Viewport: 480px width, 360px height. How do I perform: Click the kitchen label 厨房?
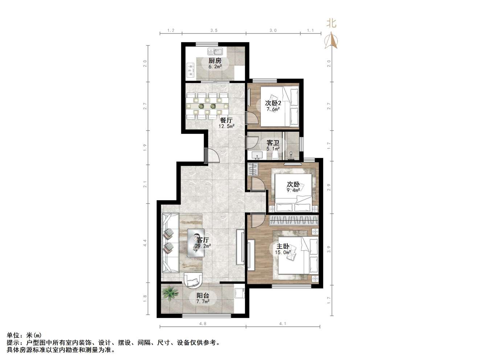click(215, 61)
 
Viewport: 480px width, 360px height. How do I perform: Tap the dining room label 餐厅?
click(226, 120)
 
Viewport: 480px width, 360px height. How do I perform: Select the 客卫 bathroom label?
click(273, 143)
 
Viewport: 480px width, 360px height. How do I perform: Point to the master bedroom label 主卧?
click(283, 246)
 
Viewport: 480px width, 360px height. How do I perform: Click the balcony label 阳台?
click(203, 296)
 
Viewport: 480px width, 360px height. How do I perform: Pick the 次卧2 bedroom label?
click(273, 103)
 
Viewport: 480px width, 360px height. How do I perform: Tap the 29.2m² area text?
click(203, 246)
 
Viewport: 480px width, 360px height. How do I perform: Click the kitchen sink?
click(215, 52)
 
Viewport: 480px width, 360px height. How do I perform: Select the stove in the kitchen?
click(38, 70)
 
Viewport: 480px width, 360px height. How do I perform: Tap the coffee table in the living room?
click(196, 243)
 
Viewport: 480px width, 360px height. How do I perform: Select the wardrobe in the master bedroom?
click(294, 220)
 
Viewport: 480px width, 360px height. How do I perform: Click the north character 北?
click(331, 23)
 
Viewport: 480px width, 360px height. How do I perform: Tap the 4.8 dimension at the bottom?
click(203, 323)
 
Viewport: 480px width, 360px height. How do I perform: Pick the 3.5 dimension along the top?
click(214, 30)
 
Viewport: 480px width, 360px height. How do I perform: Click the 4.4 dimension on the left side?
click(145, 243)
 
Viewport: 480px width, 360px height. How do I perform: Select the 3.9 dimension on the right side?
click(329, 249)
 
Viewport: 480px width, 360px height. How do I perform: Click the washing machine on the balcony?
click(239, 293)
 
